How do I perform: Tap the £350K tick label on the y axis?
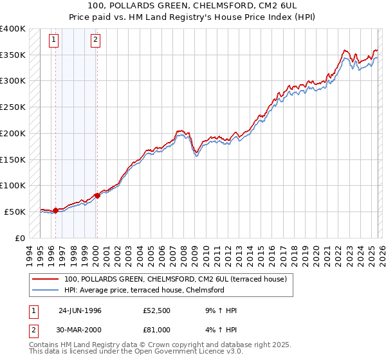pyautogui.click(x=13, y=55)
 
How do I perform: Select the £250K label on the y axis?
pyautogui.click(x=13, y=107)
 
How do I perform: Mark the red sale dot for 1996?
pyautogui.click(x=56, y=210)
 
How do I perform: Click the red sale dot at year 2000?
pyautogui.click(x=97, y=195)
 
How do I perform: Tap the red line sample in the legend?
pyautogui.click(x=46, y=279)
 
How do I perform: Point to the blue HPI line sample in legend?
pyautogui.click(x=46, y=290)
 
